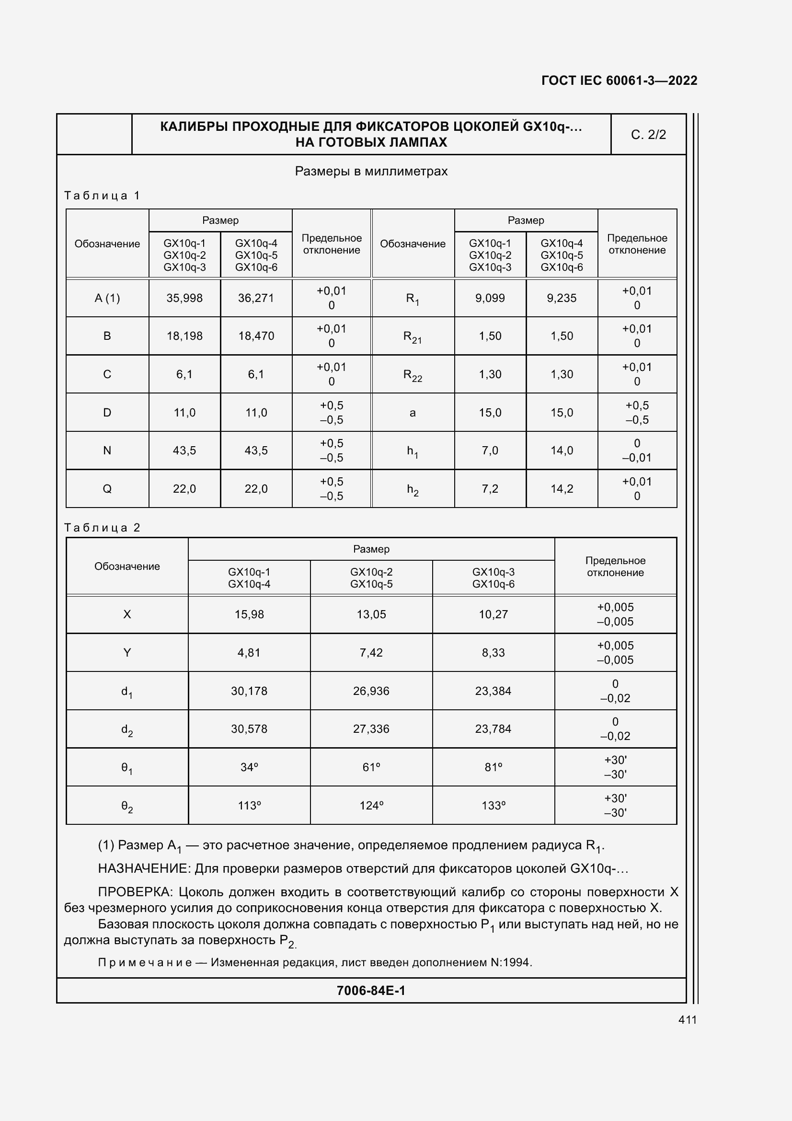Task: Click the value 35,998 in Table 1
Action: click(x=184, y=298)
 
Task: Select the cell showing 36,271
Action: click(x=256, y=298)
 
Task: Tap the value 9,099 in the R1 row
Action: click(x=490, y=298)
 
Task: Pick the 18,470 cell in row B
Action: click(x=256, y=336)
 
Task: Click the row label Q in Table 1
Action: click(x=107, y=489)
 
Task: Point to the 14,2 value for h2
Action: click(x=561, y=489)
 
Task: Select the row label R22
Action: click(x=413, y=374)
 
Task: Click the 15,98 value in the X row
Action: click(x=249, y=614)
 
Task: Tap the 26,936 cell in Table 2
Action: click(x=371, y=691)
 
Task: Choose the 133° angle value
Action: click(x=493, y=806)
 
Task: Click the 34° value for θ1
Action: click(x=249, y=767)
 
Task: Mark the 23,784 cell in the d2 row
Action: click(x=493, y=729)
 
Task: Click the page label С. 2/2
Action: click(x=648, y=135)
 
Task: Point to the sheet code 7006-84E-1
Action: click(x=371, y=990)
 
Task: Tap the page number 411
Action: click(x=687, y=1020)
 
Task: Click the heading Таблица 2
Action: click(x=103, y=528)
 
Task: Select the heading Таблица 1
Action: click(x=103, y=196)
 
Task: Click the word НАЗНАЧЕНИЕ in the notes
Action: click(x=143, y=868)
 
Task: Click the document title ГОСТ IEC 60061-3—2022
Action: click(x=619, y=81)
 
